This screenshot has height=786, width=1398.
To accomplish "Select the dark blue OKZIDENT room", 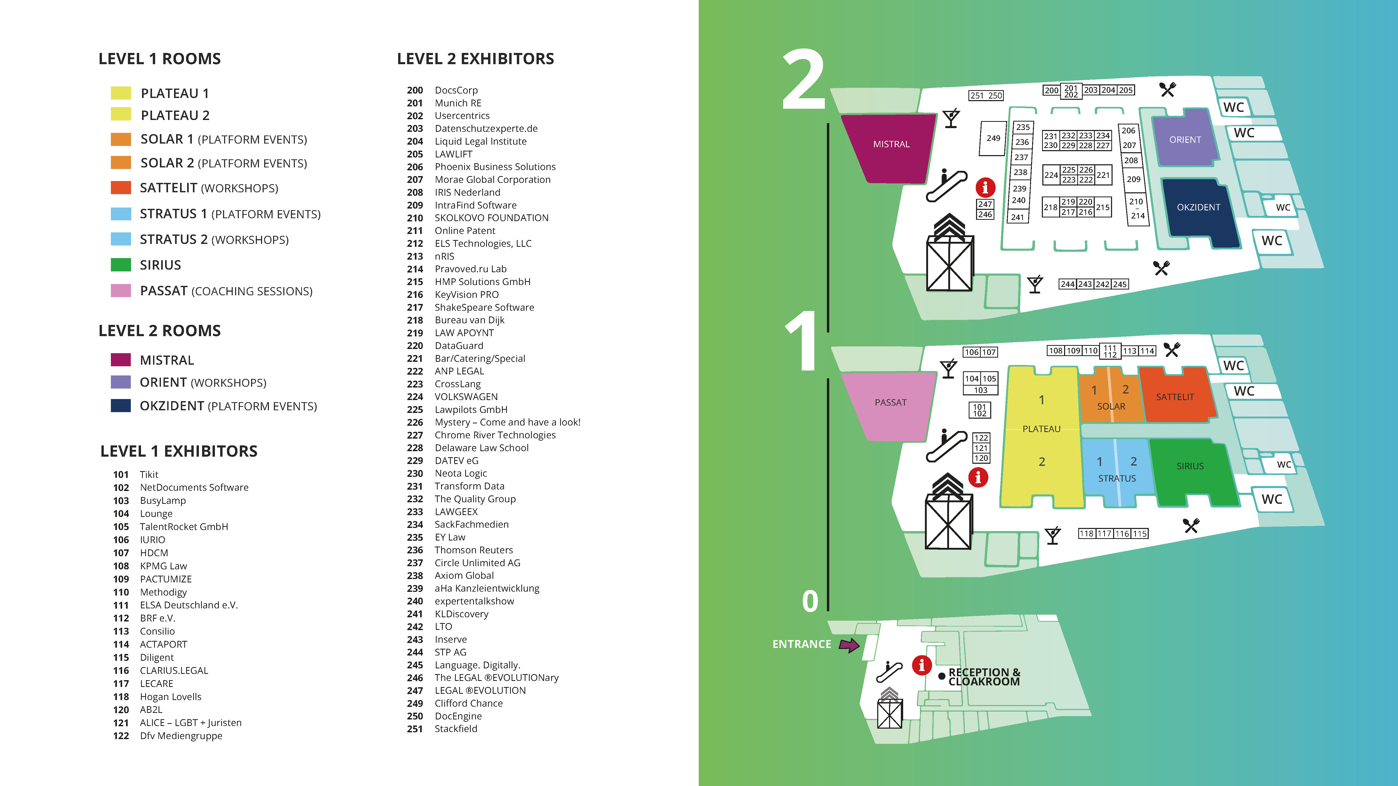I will coord(1198,208).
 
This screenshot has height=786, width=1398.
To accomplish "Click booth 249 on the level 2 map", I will coord(993,138).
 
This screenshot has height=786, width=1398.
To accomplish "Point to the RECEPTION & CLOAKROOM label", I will coord(984,677).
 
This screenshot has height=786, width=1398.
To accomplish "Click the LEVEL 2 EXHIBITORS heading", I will coord(475,59).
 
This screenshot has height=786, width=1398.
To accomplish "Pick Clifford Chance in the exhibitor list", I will coord(468,703).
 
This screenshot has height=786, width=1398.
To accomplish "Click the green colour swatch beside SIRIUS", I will coord(121,265).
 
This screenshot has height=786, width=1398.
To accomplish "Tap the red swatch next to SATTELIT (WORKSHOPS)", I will coord(121,188).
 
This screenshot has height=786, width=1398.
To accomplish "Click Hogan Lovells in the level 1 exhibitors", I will coord(170,696).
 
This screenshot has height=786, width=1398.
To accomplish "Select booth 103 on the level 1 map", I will coord(980,390).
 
